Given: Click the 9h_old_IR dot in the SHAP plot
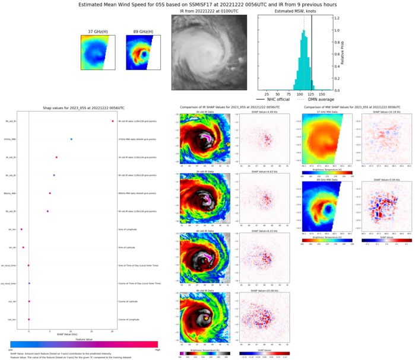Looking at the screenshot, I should click(112, 121).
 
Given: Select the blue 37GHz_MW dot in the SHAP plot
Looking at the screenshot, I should click(71, 139).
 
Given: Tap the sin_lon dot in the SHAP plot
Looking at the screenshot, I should click(21, 229).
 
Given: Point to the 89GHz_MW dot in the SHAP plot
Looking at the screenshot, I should click(50, 193).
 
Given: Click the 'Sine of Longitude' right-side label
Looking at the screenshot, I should click(129, 229).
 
